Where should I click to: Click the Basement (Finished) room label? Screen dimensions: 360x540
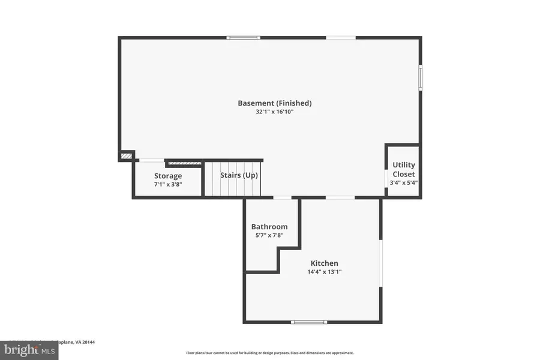pos(274,103)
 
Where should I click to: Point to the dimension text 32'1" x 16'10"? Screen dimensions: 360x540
pos(274,112)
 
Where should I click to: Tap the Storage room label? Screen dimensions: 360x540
pos(168,176)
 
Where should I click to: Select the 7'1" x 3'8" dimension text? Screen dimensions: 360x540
pos(168,184)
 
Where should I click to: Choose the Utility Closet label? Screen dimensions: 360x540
pos(403,169)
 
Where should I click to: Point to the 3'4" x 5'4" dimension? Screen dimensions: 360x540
pos(403,183)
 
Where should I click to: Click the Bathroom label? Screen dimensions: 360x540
pos(269,226)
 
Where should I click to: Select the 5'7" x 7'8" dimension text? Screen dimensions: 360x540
pos(269,235)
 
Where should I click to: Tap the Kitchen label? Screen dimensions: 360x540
pos(324,263)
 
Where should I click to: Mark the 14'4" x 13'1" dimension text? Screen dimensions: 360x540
pos(324,272)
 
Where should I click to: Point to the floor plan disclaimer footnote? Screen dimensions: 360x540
pos(269,353)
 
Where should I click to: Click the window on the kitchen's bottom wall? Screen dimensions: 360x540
pos(309,322)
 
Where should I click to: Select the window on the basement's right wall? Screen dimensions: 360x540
pos(420,77)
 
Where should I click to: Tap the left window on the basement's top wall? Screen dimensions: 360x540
pos(243,38)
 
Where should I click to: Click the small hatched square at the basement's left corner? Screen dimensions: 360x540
pos(126,156)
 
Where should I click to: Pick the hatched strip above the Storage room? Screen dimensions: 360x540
pos(184,163)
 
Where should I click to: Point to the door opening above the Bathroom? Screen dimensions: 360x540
pos(282,197)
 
